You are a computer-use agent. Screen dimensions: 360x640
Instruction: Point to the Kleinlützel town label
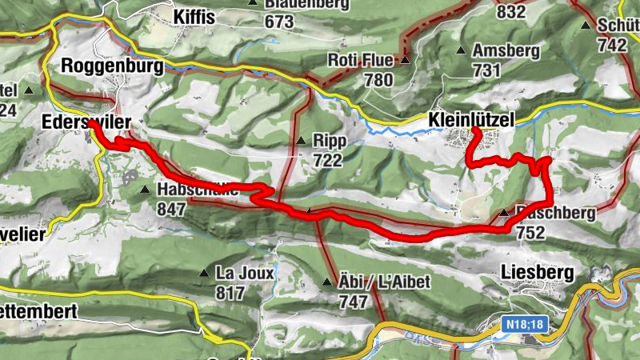pyautogui.click(x=470, y=119)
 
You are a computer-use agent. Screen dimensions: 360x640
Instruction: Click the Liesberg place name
pyautogui.click(x=537, y=273)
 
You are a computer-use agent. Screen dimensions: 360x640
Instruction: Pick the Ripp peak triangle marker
pyautogui.click(x=301, y=141)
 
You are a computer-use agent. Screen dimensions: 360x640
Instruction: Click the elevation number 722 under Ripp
pyautogui.click(x=328, y=160)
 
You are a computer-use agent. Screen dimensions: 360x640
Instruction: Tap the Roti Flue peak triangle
pyautogui.click(x=405, y=60)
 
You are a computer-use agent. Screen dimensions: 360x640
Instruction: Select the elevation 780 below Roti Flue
pyautogui.click(x=378, y=80)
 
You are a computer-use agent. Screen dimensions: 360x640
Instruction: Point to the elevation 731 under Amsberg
pyautogui.click(x=486, y=70)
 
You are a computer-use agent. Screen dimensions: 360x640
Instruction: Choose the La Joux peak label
pyautogui.click(x=245, y=273)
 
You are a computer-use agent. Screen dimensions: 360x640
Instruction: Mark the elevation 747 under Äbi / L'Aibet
pyautogui.click(x=353, y=302)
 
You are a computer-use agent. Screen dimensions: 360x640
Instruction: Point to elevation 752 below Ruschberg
pyautogui.click(x=530, y=233)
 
